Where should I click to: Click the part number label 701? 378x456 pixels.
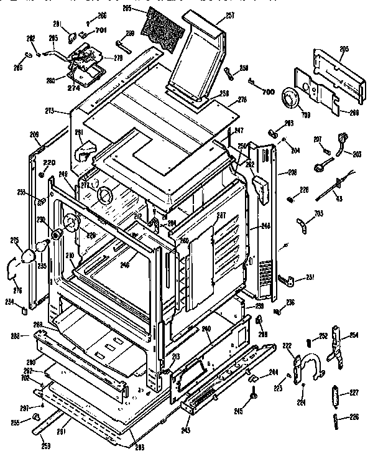(x=101, y=29)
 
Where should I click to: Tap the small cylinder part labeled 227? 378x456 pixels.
(x=336, y=394)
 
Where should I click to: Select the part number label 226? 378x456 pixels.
(x=354, y=417)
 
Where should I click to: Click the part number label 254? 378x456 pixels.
(x=354, y=335)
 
